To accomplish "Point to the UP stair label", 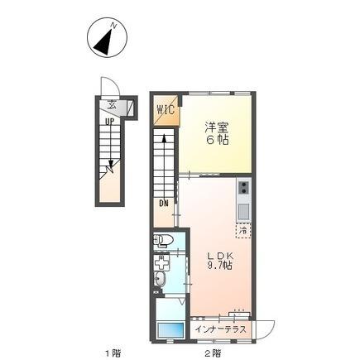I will [108, 121].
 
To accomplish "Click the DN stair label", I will [163, 204].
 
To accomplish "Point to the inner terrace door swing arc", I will [263, 328].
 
